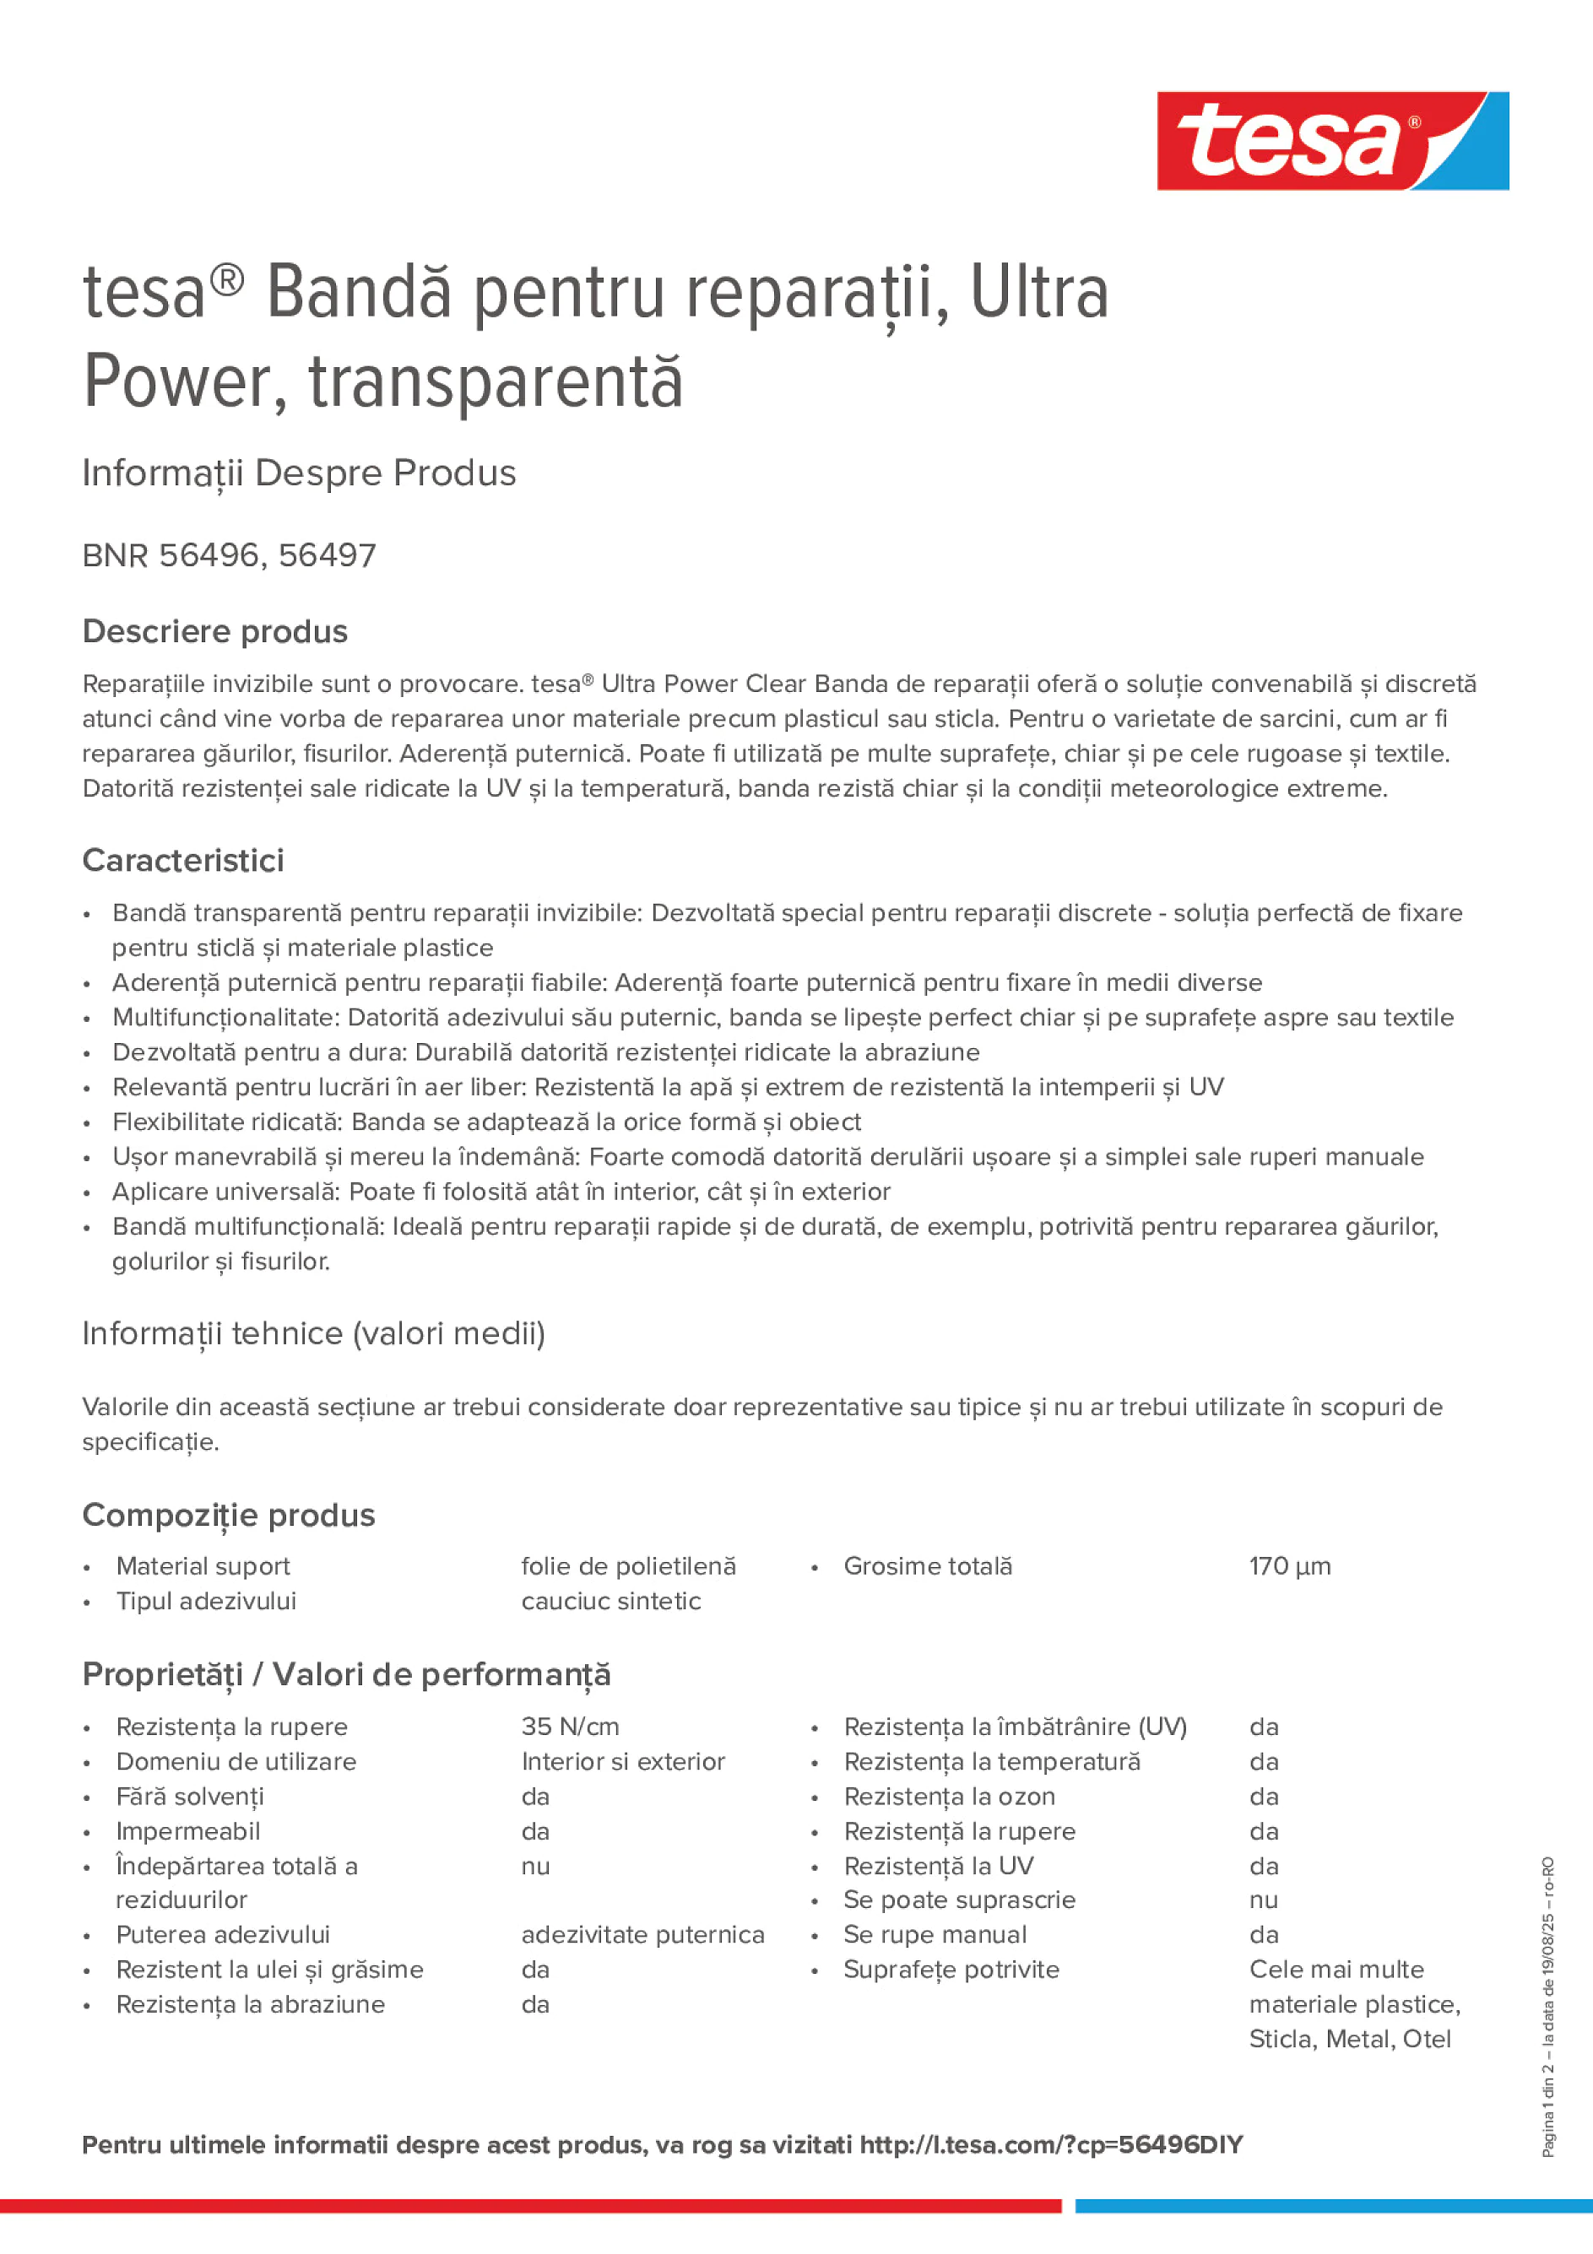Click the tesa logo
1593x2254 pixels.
[1332, 142]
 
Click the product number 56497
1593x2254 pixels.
[327, 555]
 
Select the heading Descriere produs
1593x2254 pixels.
[215, 631]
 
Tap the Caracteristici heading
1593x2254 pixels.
[184, 860]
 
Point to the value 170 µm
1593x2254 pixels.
[1290, 1566]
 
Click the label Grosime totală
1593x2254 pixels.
[927, 1566]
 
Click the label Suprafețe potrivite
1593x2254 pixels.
[951, 1970]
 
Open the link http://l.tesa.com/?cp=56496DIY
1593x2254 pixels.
[1051, 2144]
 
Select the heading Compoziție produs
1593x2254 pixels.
[229, 1515]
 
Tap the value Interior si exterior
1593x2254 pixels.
[623, 1761]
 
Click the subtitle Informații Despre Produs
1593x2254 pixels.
[300, 473]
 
